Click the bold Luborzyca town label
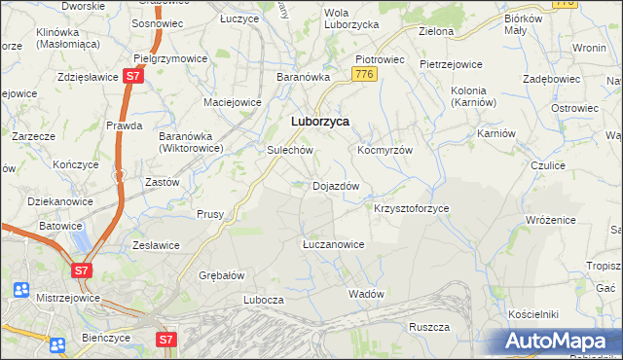tap(320, 122)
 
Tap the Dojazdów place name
tap(336, 186)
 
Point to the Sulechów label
tap(289, 151)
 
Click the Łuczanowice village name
tap(333, 244)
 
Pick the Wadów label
tap(366, 293)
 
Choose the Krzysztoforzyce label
tap(412, 208)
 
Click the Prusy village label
tap(210, 214)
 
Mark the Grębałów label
tap(220, 275)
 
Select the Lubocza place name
tap(263, 301)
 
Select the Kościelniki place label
tap(532, 314)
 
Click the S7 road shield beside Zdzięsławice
tap(134, 76)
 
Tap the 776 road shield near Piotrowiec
tap(365, 74)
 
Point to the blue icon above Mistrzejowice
tap(21, 288)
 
